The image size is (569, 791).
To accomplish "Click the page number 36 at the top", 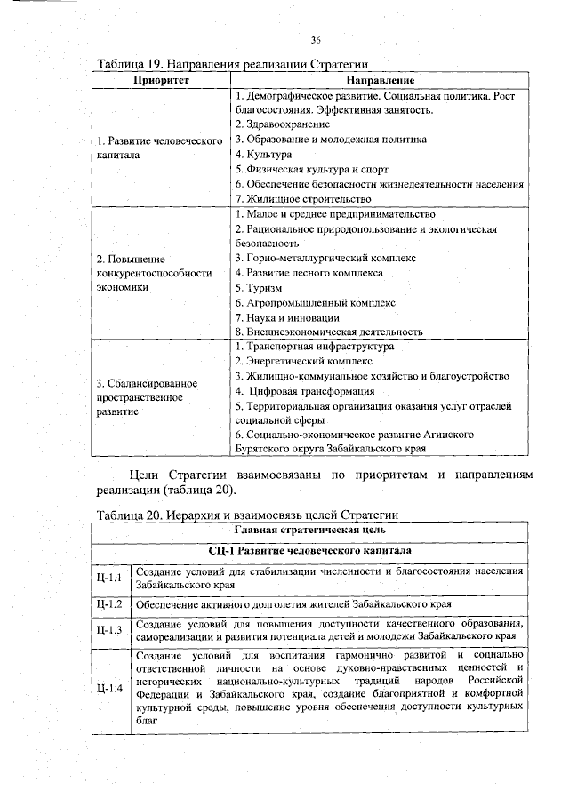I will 316,40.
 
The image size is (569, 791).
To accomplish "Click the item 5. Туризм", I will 260,288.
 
